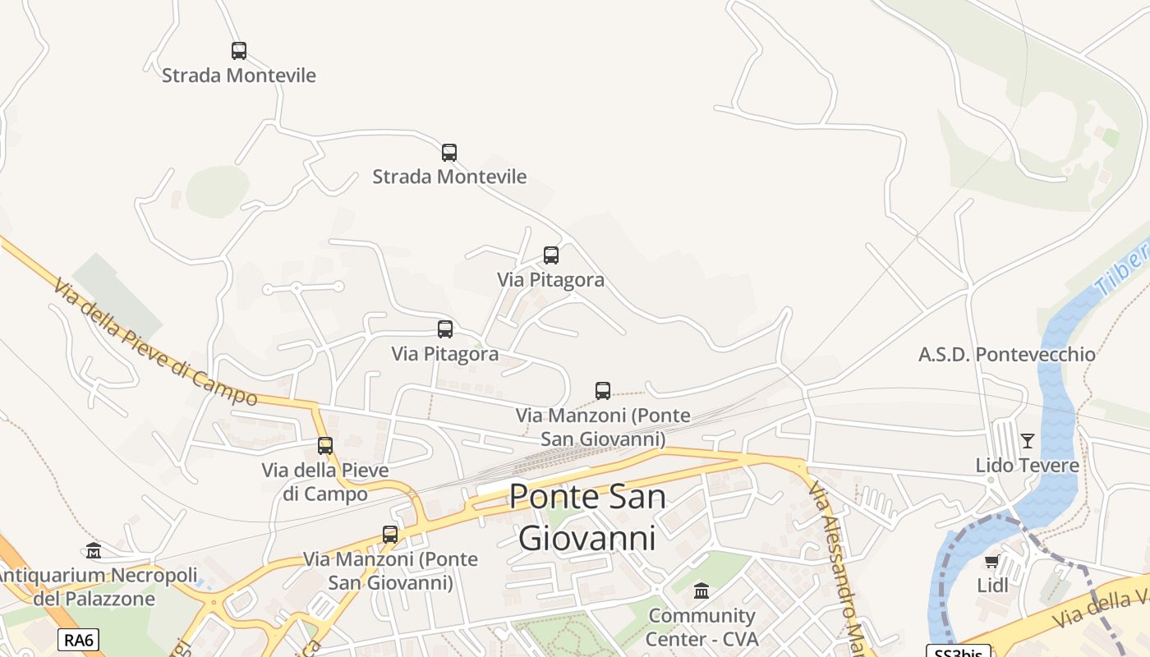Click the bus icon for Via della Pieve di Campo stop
point(325,446)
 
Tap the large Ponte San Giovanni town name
point(587,517)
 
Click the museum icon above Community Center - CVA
point(701,591)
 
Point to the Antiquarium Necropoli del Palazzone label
point(94,586)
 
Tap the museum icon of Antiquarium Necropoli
point(94,550)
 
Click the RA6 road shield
point(78,640)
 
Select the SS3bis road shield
point(958,652)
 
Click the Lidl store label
point(992,586)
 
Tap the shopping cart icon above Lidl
point(991,562)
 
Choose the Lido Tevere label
point(1027,466)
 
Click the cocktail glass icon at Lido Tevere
point(1027,441)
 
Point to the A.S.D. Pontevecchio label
point(1006,355)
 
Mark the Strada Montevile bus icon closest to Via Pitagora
point(448,153)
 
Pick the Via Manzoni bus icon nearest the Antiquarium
point(390,535)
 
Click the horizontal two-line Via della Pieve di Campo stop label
point(325,482)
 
